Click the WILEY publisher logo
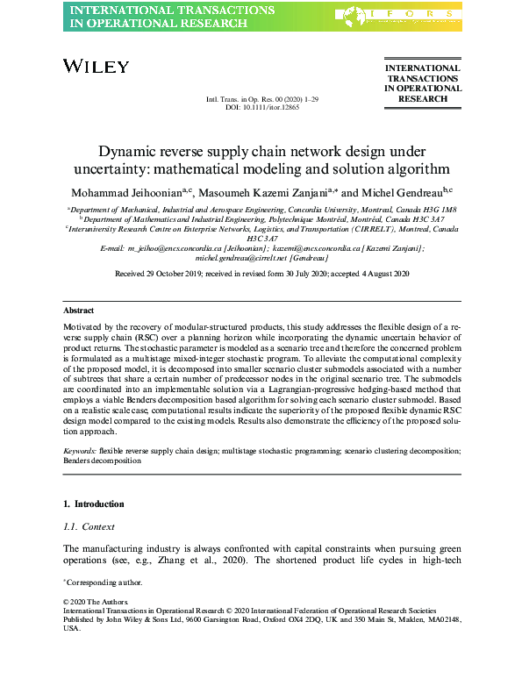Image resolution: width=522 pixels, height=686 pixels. point(97,67)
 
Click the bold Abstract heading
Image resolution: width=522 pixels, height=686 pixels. point(79,311)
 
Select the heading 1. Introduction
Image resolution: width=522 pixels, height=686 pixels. point(94,504)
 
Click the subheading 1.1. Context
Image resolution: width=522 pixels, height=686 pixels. point(90,526)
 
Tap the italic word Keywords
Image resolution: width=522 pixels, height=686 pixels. point(80,449)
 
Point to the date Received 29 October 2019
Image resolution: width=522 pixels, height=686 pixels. point(157,275)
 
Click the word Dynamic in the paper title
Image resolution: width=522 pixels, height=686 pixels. point(126,151)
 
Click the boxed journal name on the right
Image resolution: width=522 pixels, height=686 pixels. point(422,83)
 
